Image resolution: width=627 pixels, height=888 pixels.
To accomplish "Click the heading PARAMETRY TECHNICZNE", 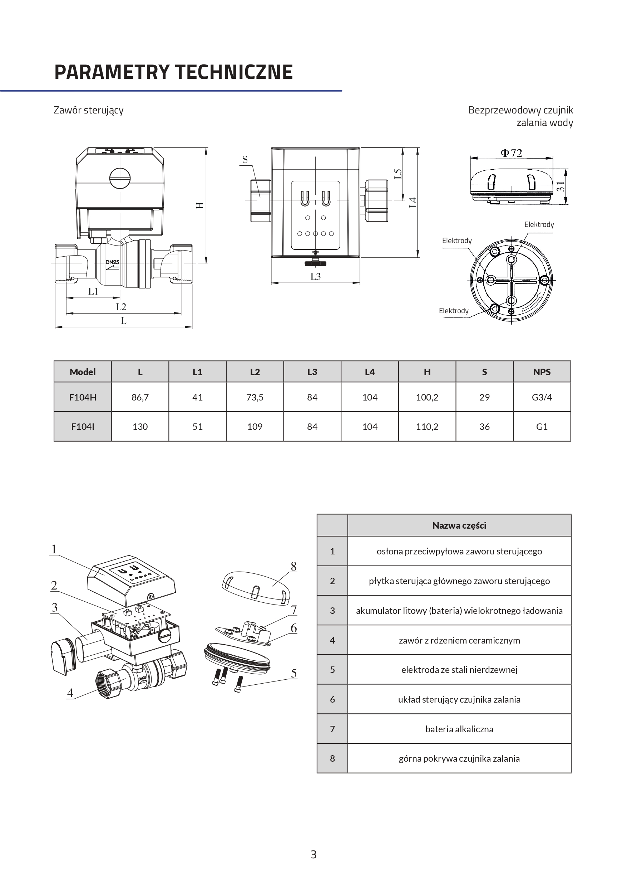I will click(173, 72).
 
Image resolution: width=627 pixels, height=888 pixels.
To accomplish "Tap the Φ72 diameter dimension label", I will click(512, 154).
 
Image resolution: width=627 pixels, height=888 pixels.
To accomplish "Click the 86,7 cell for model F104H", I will click(140, 397).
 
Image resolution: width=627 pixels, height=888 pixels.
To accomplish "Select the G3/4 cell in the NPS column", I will click(542, 397).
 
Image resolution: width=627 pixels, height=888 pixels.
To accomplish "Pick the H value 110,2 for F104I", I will click(427, 427).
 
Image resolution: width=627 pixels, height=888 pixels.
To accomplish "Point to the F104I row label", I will click(82, 427).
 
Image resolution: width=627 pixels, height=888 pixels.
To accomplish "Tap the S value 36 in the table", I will click(484, 427).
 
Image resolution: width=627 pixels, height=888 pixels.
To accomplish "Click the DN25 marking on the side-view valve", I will click(112, 262).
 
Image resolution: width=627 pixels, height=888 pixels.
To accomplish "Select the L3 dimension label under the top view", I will click(315, 277).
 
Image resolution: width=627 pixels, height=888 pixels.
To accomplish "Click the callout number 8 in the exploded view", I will click(293, 567).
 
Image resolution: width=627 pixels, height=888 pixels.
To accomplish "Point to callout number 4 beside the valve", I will click(70, 693).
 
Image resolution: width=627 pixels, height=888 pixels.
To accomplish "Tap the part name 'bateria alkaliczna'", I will click(459, 729).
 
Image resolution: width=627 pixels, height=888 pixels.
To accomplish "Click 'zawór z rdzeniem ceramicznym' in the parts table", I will click(459, 640).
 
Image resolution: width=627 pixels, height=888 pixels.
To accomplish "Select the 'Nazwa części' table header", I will click(459, 525).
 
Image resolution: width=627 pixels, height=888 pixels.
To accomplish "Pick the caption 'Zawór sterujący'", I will click(88, 110).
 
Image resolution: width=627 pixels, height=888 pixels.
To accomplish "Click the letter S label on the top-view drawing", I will click(245, 159).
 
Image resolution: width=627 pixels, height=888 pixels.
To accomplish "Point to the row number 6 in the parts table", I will click(332, 699).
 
